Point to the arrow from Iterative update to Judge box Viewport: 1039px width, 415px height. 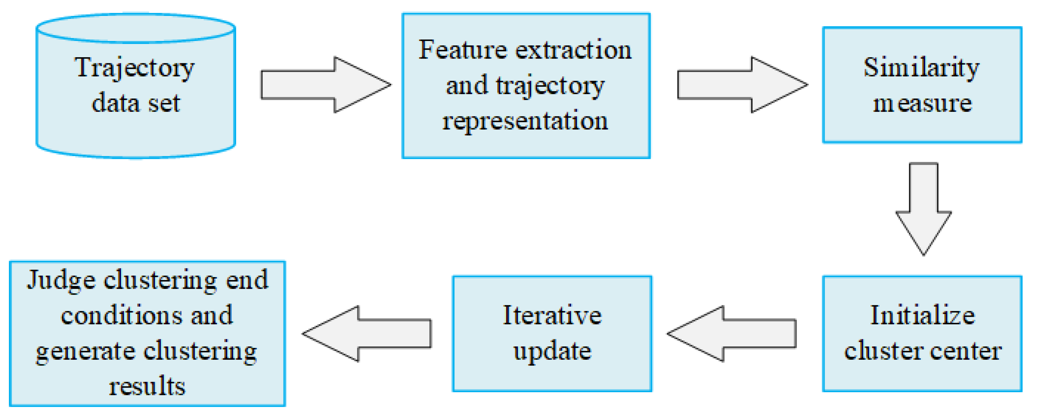[367, 334]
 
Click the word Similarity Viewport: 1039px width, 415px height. [922, 67]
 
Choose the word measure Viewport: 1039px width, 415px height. [922, 103]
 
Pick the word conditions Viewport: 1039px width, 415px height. [121, 316]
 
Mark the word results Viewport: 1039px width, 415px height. [147, 386]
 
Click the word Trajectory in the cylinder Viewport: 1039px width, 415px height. [134, 68]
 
